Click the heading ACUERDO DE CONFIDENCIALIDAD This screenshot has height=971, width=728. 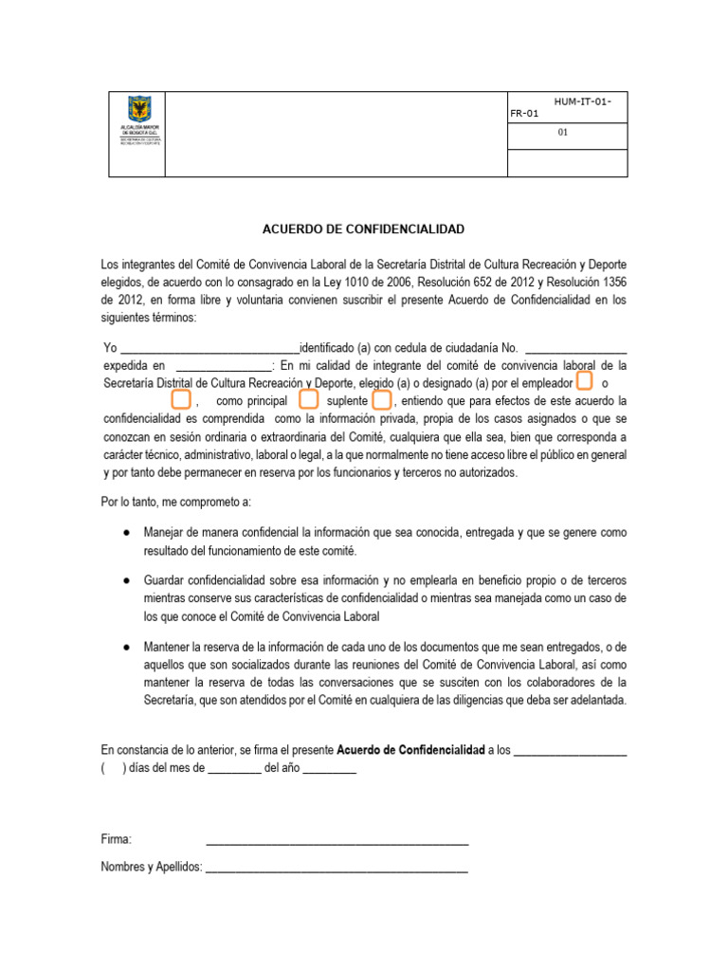click(x=363, y=229)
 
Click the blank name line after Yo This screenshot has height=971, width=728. click(x=209, y=347)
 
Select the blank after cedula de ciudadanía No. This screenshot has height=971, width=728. click(x=575, y=347)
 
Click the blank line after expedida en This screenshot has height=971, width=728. click(x=224, y=365)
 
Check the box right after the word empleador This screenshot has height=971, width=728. click(x=585, y=381)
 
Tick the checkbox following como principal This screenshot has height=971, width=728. click(x=308, y=400)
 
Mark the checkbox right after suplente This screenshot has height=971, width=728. click(x=381, y=400)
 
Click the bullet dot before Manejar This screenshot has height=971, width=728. click(x=126, y=533)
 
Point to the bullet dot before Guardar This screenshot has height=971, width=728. click(x=126, y=579)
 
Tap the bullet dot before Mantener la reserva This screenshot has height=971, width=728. click(x=126, y=647)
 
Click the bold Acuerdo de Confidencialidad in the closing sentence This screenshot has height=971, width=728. click(x=410, y=750)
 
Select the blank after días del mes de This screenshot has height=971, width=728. click(x=234, y=769)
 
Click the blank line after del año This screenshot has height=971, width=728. click(x=329, y=769)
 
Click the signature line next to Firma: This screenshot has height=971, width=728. click(x=337, y=840)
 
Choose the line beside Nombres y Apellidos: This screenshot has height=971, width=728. click(x=337, y=868)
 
